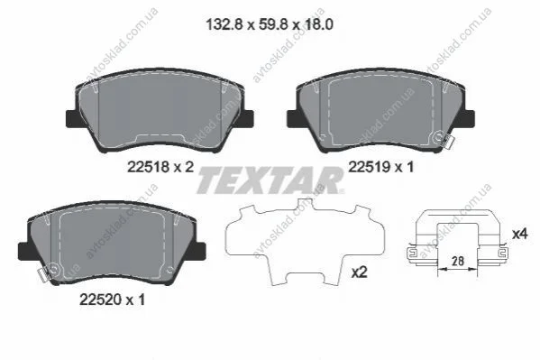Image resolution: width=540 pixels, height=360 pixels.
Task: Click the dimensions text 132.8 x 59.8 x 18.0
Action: pyautogui.click(x=270, y=24)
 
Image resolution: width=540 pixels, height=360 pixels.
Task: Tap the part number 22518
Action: pyautogui.click(x=149, y=167)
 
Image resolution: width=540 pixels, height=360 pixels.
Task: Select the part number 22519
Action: pyautogui.click(x=370, y=167)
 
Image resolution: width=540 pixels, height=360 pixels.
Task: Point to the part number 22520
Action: pyautogui.click(x=101, y=300)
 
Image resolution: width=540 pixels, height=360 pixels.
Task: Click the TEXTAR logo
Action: pyautogui.click(x=270, y=180)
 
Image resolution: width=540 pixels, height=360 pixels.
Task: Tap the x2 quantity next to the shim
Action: pyautogui.click(x=359, y=272)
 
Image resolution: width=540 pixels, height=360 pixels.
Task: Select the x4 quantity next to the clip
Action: pyautogui.click(x=519, y=235)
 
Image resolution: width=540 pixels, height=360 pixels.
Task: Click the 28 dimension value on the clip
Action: pyautogui.click(x=458, y=261)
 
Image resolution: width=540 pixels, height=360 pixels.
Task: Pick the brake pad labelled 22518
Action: pyautogui.click(x=160, y=110)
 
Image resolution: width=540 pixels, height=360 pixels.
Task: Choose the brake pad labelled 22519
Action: pyautogui.click(x=381, y=110)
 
